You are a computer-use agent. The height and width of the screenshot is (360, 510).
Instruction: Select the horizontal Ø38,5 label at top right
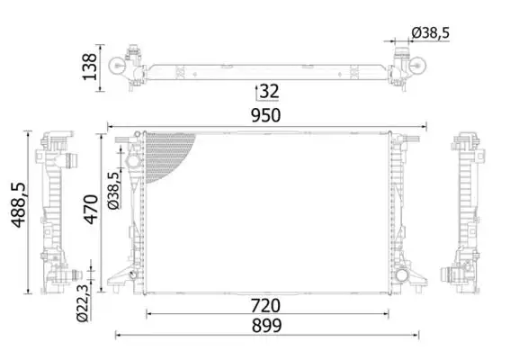(x=430, y=32)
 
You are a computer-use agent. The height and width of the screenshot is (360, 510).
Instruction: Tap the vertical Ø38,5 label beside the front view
(x=113, y=191)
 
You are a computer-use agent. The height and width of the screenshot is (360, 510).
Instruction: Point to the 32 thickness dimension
(x=269, y=91)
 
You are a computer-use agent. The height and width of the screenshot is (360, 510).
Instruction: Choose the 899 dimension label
(x=267, y=326)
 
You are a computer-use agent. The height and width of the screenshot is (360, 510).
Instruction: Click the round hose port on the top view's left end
(x=118, y=66)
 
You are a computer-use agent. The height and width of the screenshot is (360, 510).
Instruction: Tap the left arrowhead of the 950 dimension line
(x=111, y=126)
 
